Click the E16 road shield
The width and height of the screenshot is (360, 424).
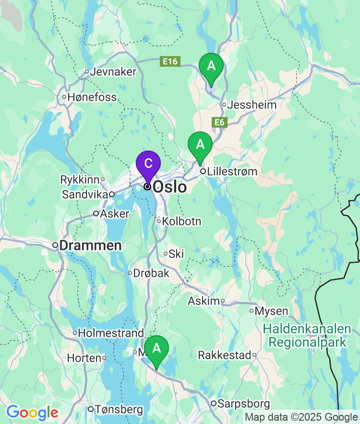(x=170, y=61)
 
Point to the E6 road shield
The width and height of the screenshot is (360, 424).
(x=219, y=123)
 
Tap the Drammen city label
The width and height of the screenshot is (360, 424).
(x=91, y=246)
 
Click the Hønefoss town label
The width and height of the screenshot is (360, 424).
(x=92, y=97)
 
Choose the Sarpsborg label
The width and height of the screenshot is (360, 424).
(x=243, y=404)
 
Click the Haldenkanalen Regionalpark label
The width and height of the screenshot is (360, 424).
(x=307, y=336)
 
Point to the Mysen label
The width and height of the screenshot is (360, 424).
(x=271, y=311)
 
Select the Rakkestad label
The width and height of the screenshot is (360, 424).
(x=225, y=355)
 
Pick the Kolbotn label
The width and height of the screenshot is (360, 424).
(x=182, y=222)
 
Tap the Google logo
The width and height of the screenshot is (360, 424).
(x=32, y=412)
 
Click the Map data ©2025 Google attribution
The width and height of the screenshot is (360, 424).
(x=301, y=417)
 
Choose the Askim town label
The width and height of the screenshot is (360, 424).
(x=204, y=301)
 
